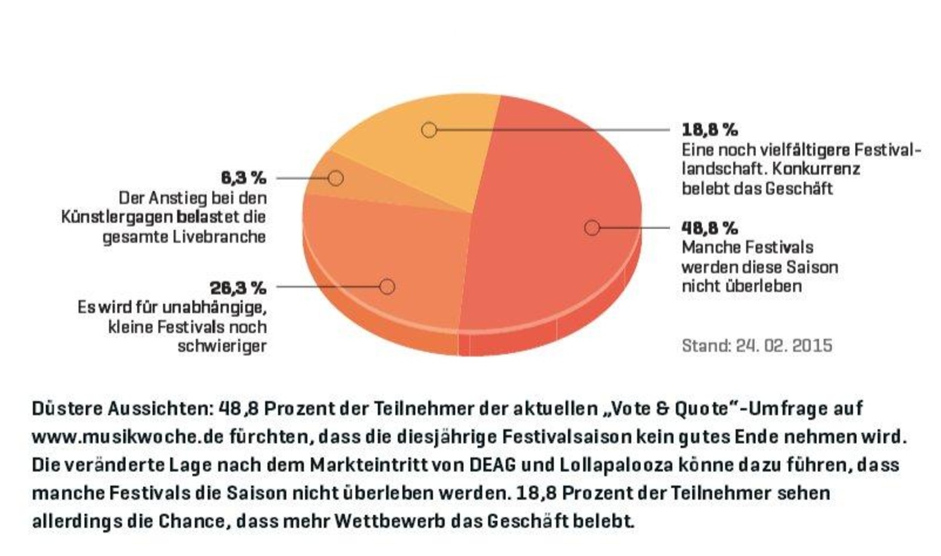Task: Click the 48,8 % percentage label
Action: (x=710, y=228)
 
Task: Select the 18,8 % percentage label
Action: (x=710, y=130)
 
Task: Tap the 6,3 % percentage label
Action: (x=244, y=178)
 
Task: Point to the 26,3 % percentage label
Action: (x=238, y=288)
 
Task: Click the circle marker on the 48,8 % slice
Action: (x=592, y=228)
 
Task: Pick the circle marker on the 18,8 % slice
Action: (x=429, y=130)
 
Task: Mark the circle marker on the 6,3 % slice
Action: (x=335, y=178)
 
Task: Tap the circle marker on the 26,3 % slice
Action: (x=387, y=287)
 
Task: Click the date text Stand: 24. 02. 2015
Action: (x=757, y=345)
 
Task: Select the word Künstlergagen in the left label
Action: (x=117, y=217)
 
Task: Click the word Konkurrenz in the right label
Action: (x=816, y=169)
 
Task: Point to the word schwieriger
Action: (x=222, y=347)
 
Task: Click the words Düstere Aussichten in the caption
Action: (x=123, y=409)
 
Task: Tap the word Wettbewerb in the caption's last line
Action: (x=390, y=522)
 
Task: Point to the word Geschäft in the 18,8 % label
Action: (x=799, y=189)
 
